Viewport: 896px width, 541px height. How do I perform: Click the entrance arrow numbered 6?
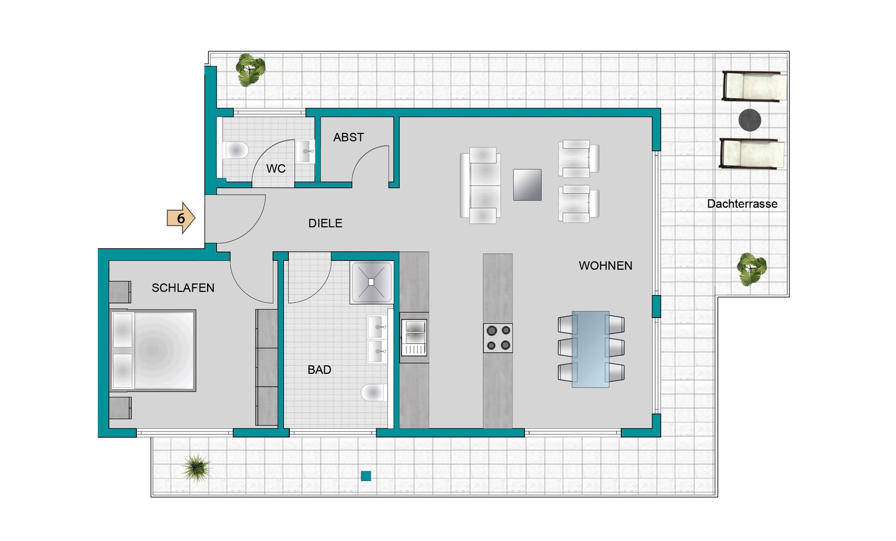pos(181,218)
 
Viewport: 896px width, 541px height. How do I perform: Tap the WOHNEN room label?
pos(605,266)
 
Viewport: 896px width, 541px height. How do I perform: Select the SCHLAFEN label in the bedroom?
pos(183,288)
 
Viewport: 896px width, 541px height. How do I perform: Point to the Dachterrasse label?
pos(742,204)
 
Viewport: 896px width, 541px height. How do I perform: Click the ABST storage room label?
pos(348,137)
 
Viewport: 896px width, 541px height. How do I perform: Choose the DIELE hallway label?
pos(325,223)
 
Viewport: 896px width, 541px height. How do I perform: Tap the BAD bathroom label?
pos(319,370)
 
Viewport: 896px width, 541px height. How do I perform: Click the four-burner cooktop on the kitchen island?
pos(498,338)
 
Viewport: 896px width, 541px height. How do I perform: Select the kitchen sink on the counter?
pos(414,338)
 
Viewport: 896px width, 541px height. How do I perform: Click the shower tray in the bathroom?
pos(371,283)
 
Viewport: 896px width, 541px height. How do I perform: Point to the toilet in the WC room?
pos(235,150)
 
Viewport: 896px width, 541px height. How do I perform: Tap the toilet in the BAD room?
pos(373,392)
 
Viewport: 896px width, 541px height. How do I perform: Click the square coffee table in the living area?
pos(527,185)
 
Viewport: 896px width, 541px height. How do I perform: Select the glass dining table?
pos(591,349)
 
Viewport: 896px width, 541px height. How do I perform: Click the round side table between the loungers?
pos(750,120)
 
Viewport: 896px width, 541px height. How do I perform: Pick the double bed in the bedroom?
pos(153,350)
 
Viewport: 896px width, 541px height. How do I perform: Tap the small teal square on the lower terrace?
pos(366,476)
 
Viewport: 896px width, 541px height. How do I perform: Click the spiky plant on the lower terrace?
pos(196,468)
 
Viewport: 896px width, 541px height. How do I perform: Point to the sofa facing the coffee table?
pos(481,185)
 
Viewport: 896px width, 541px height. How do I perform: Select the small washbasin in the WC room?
pos(305,151)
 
